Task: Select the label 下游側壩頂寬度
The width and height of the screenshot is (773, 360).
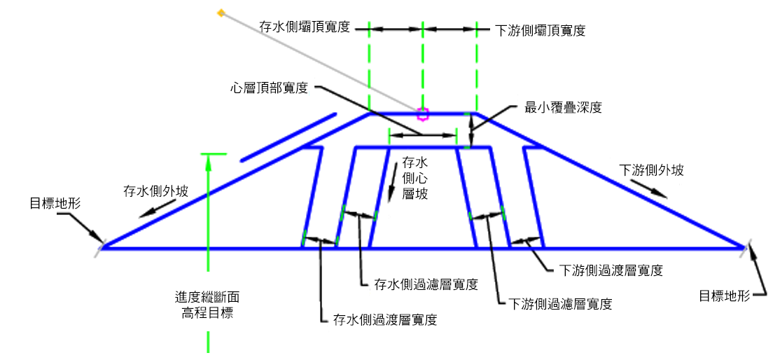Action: coord(540,30)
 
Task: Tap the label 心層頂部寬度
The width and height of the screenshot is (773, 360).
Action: coord(269,88)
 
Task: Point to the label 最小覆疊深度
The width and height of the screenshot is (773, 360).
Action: coord(564,108)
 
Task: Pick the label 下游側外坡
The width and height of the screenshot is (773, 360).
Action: coord(651,170)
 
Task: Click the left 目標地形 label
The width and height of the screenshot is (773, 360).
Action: coord(55,205)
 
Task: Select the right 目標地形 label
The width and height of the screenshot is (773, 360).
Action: coord(725,296)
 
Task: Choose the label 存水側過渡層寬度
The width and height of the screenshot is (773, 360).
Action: coord(385,320)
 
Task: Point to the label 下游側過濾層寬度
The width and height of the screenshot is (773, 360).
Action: coord(560,304)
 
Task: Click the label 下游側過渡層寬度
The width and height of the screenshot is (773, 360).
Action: coord(611,270)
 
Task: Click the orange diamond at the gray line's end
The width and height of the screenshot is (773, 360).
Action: coord(221,13)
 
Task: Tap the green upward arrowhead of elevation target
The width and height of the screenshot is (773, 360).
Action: coord(208,160)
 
